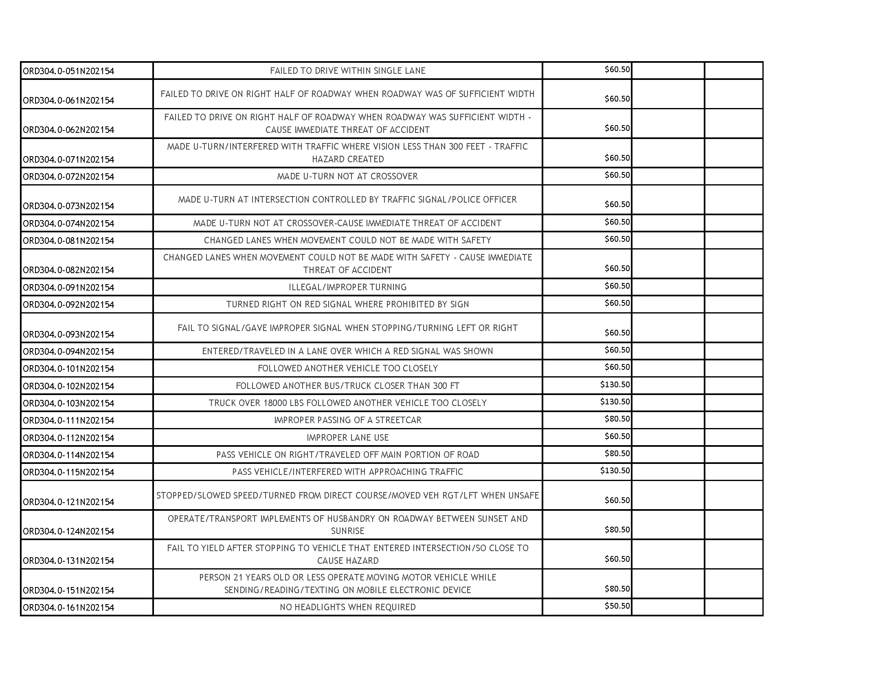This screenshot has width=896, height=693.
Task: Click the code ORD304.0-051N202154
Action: pyautogui.click(x=68, y=71)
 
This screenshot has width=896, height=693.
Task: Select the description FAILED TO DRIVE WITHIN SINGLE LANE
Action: pyautogui.click(x=347, y=71)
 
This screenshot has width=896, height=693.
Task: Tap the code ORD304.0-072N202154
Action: pyautogui.click(x=68, y=177)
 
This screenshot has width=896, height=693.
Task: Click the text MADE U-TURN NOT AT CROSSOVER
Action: pyautogui.click(x=347, y=177)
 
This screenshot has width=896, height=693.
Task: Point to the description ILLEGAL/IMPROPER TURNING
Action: pyautogui.click(x=347, y=287)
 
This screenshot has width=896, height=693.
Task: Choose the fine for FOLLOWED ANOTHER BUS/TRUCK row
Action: pyautogui.click(x=615, y=385)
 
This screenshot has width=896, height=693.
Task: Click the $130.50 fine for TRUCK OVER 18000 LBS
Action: pyautogui.click(x=615, y=402)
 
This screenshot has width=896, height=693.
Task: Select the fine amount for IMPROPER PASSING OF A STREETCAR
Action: pyautogui.click(x=617, y=419)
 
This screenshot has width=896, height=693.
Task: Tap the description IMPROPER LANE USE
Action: pyautogui.click(x=347, y=438)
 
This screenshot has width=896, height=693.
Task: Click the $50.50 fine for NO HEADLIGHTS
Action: pyautogui.click(x=617, y=606)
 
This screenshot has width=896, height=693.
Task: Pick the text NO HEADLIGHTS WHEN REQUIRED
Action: pyautogui.click(x=347, y=607)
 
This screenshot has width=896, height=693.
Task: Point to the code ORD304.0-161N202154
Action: pyautogui.click(x=68, y=608)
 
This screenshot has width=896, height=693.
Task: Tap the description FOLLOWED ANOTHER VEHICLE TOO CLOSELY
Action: pyautogui.click(x=347, y=369)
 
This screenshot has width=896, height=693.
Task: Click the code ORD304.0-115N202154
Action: pyautogui.click(x=68, y=472)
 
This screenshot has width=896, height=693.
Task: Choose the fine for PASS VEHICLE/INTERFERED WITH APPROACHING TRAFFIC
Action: pyautogui.click(x=615, y=471)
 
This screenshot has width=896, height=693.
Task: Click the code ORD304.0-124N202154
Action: pyautogui.click(x=68, y=532)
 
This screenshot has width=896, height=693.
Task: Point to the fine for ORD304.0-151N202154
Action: pyautogui.click(x=617, y=589)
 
